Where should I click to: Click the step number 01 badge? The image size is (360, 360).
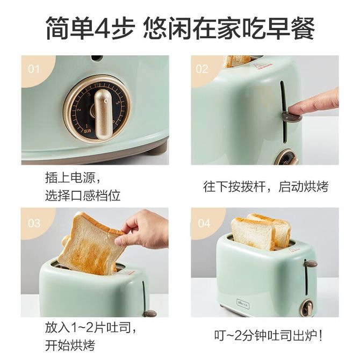pos(34,69)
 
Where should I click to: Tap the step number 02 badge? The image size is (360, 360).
pos(202,69)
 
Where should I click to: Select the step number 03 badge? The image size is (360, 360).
pos(34,223)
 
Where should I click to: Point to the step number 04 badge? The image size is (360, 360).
pos(204,223)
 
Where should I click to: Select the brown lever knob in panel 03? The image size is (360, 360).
pos(150,313)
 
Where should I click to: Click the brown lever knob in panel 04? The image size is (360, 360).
pos(311,264)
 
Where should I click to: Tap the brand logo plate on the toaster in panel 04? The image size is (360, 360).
pos(243,305)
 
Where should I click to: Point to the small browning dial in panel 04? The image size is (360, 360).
pos(307,308)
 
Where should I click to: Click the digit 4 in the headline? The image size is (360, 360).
pos(102,27)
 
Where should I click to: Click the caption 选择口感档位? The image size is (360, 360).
pos(83,196)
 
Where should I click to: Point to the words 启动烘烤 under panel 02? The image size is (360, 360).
pos(303,186)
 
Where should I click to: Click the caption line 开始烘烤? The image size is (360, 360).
pos(70,345)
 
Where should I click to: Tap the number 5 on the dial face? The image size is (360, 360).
pos(118,103)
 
